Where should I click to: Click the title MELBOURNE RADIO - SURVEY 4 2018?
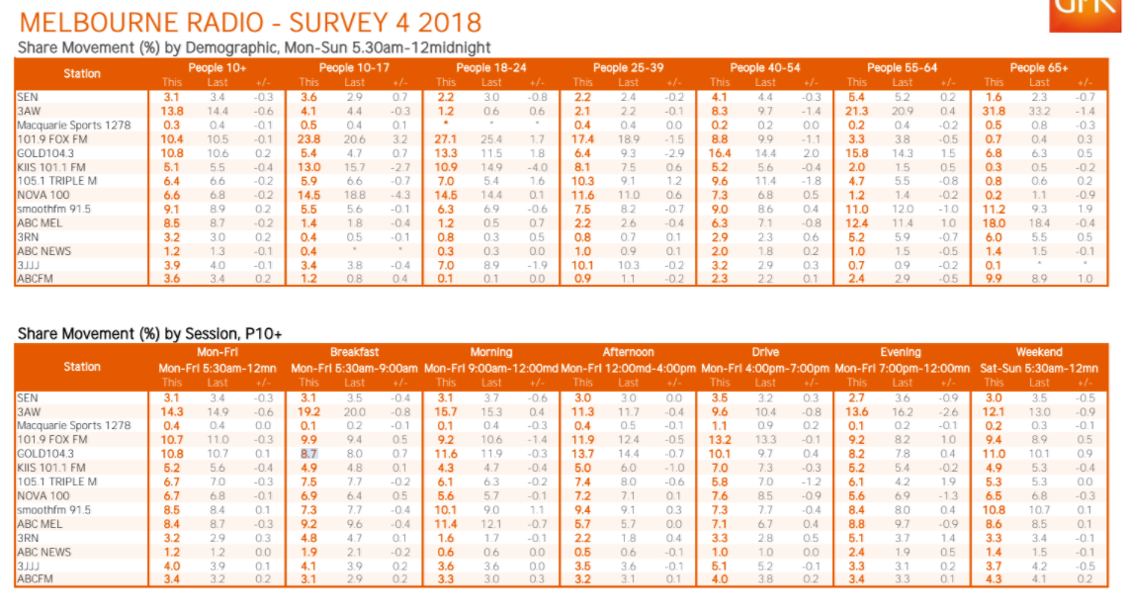pos(250,22)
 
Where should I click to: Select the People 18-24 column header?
pos(491,68)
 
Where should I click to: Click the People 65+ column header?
pos(1038,68)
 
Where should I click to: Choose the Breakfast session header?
pos(354,352)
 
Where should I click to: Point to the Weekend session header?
pos(1038,352)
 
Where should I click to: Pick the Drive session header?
pos(764,352)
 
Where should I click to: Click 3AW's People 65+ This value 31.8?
pos(994,112)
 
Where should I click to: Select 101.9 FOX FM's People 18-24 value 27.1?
pos(446,140)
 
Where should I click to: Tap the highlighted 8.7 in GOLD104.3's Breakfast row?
pos(309,453)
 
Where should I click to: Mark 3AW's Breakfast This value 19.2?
pos(309,411)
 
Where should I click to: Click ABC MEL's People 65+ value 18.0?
pos(994,224)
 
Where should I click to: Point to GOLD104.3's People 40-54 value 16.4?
pos(720,154)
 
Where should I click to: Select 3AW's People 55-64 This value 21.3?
pos(856,112)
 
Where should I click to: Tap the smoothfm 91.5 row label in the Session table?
pos(53,509)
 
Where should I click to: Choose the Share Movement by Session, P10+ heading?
pos(149,334)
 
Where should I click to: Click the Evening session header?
pos(901,352)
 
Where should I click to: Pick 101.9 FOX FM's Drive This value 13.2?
pos(720,439)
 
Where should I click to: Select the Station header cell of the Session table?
pos(82,367)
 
